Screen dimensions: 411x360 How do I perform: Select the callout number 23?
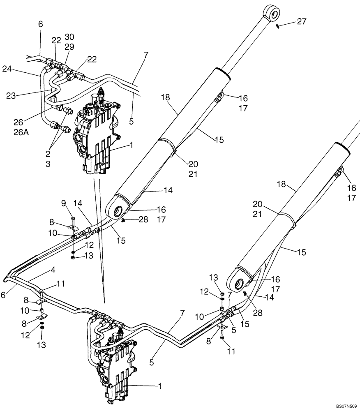pyautogui.click(x=11, y=96)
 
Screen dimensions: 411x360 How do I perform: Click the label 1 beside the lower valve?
pyautogui.click(x=160, y=386)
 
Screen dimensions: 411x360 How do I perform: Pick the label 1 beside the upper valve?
pyautogui.click(x=131, y=145)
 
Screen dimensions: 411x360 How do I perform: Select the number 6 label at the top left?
pyautogui.click(x=40, y=24)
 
